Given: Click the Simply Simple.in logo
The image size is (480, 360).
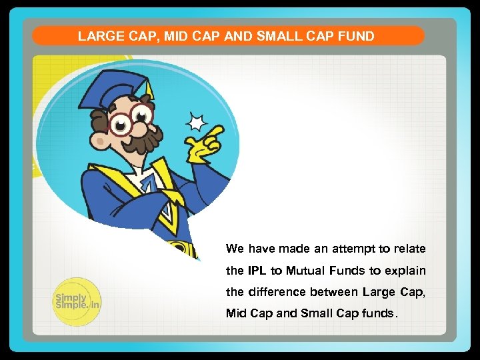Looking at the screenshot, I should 76,301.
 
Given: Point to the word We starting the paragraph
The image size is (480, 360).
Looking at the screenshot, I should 235,249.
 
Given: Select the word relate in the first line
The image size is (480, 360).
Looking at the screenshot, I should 409,249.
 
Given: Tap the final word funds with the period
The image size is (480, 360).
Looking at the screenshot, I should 381,313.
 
